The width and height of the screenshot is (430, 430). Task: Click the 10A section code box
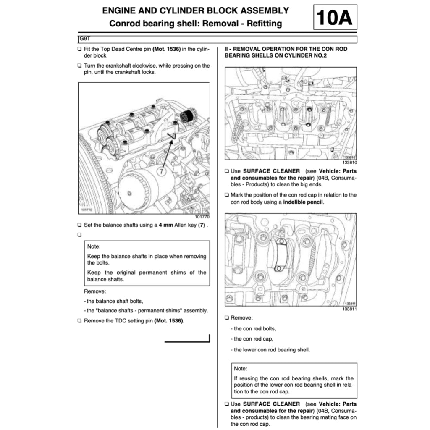pyautogui.click(x=335, y=17)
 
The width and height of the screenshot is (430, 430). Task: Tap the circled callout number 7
pyautogui.click(x=163, y=171)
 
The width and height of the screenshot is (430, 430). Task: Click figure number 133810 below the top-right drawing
pyautogui.click(x=349, y=163)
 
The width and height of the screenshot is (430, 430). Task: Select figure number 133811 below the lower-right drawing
pyautogui.click(x=349, y=309)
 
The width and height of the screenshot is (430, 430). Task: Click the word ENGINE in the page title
pyautogui.click(x=120, y=10)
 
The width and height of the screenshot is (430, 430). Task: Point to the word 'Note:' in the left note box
pyautogui.click(x=94, y=247)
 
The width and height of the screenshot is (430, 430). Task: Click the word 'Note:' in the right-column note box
pyautogui.click(x=241, y=369)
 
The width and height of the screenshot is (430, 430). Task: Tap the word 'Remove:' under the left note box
pyautogui.click(x=95, y=291)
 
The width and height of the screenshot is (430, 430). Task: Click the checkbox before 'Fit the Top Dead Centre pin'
pyautogui.click(x=80, y=50)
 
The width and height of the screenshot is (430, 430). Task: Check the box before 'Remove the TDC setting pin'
pyautogui.click(x=80, y=321)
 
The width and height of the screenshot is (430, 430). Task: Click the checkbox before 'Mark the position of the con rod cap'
pyautogui.click(x=227, y=195)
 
